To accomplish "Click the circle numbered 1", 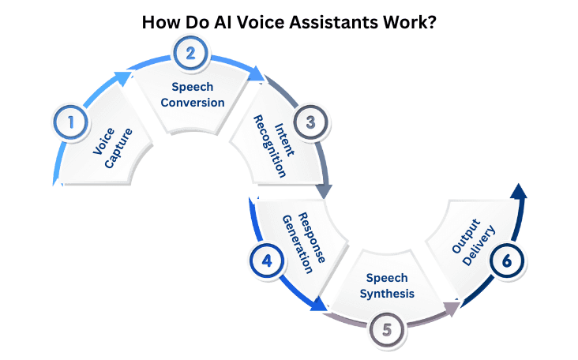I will coord(71,122).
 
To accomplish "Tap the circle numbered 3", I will coord(310,122).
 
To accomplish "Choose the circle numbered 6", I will coord(505,261).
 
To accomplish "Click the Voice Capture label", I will coord(112,143).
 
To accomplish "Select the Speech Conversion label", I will coord(193,95).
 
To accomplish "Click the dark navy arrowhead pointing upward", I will coord(518,193).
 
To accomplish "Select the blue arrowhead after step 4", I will coord(320,305).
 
